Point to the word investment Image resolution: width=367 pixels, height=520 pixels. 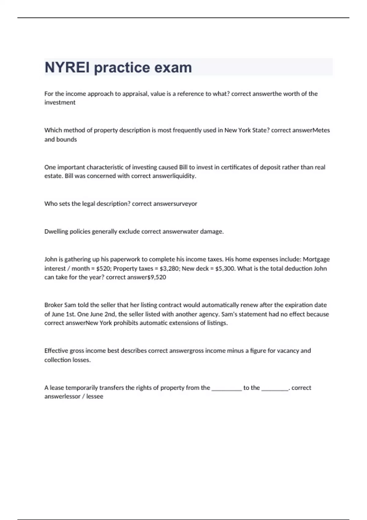coord(60,102)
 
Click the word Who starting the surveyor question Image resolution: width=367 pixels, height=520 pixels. coord(50,204)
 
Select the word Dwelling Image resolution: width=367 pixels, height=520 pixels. coord(56,232)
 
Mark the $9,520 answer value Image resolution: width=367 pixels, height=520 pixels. coord(157,277)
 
